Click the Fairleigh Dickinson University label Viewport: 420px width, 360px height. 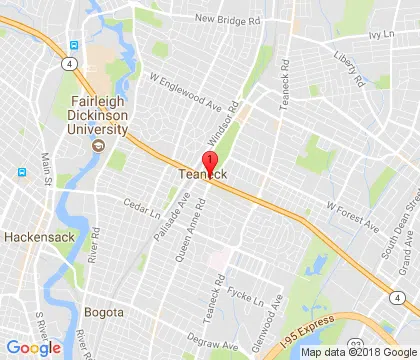pos(99,116)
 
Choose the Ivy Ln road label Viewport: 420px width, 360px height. pos(381,34)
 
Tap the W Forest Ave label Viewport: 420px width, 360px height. pos(348,205)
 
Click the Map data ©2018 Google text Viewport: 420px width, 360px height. pos(359,352)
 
